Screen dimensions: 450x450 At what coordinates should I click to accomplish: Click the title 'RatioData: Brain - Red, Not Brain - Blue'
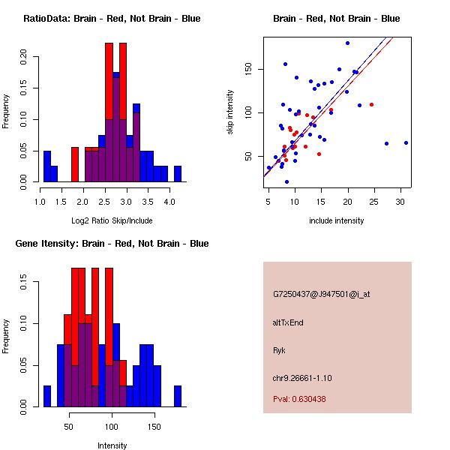[x=112, y=19]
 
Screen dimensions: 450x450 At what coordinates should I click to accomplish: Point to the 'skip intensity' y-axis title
[x=230, y=112]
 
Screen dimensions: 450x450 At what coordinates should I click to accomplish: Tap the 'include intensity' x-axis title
[x=336, y=220]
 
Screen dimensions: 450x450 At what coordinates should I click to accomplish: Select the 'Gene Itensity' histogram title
[x=112, y=244]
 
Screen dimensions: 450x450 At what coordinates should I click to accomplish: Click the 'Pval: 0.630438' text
[x=299, y=399]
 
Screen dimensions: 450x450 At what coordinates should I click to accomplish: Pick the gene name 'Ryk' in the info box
[x=280, y=350]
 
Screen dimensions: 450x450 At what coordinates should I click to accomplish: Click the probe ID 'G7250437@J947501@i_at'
[x=321, y=294]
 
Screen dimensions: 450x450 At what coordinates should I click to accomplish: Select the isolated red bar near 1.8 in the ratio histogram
[x=75, y=164]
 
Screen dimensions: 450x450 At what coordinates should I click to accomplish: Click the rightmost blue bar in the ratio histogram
[x=178, y=174]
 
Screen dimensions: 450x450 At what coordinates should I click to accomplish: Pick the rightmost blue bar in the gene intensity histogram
[x=178, y=396]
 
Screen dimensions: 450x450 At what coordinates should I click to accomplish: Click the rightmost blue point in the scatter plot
[x=406, y=142]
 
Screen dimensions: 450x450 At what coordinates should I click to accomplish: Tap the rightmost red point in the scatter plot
[x=371, y=104]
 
